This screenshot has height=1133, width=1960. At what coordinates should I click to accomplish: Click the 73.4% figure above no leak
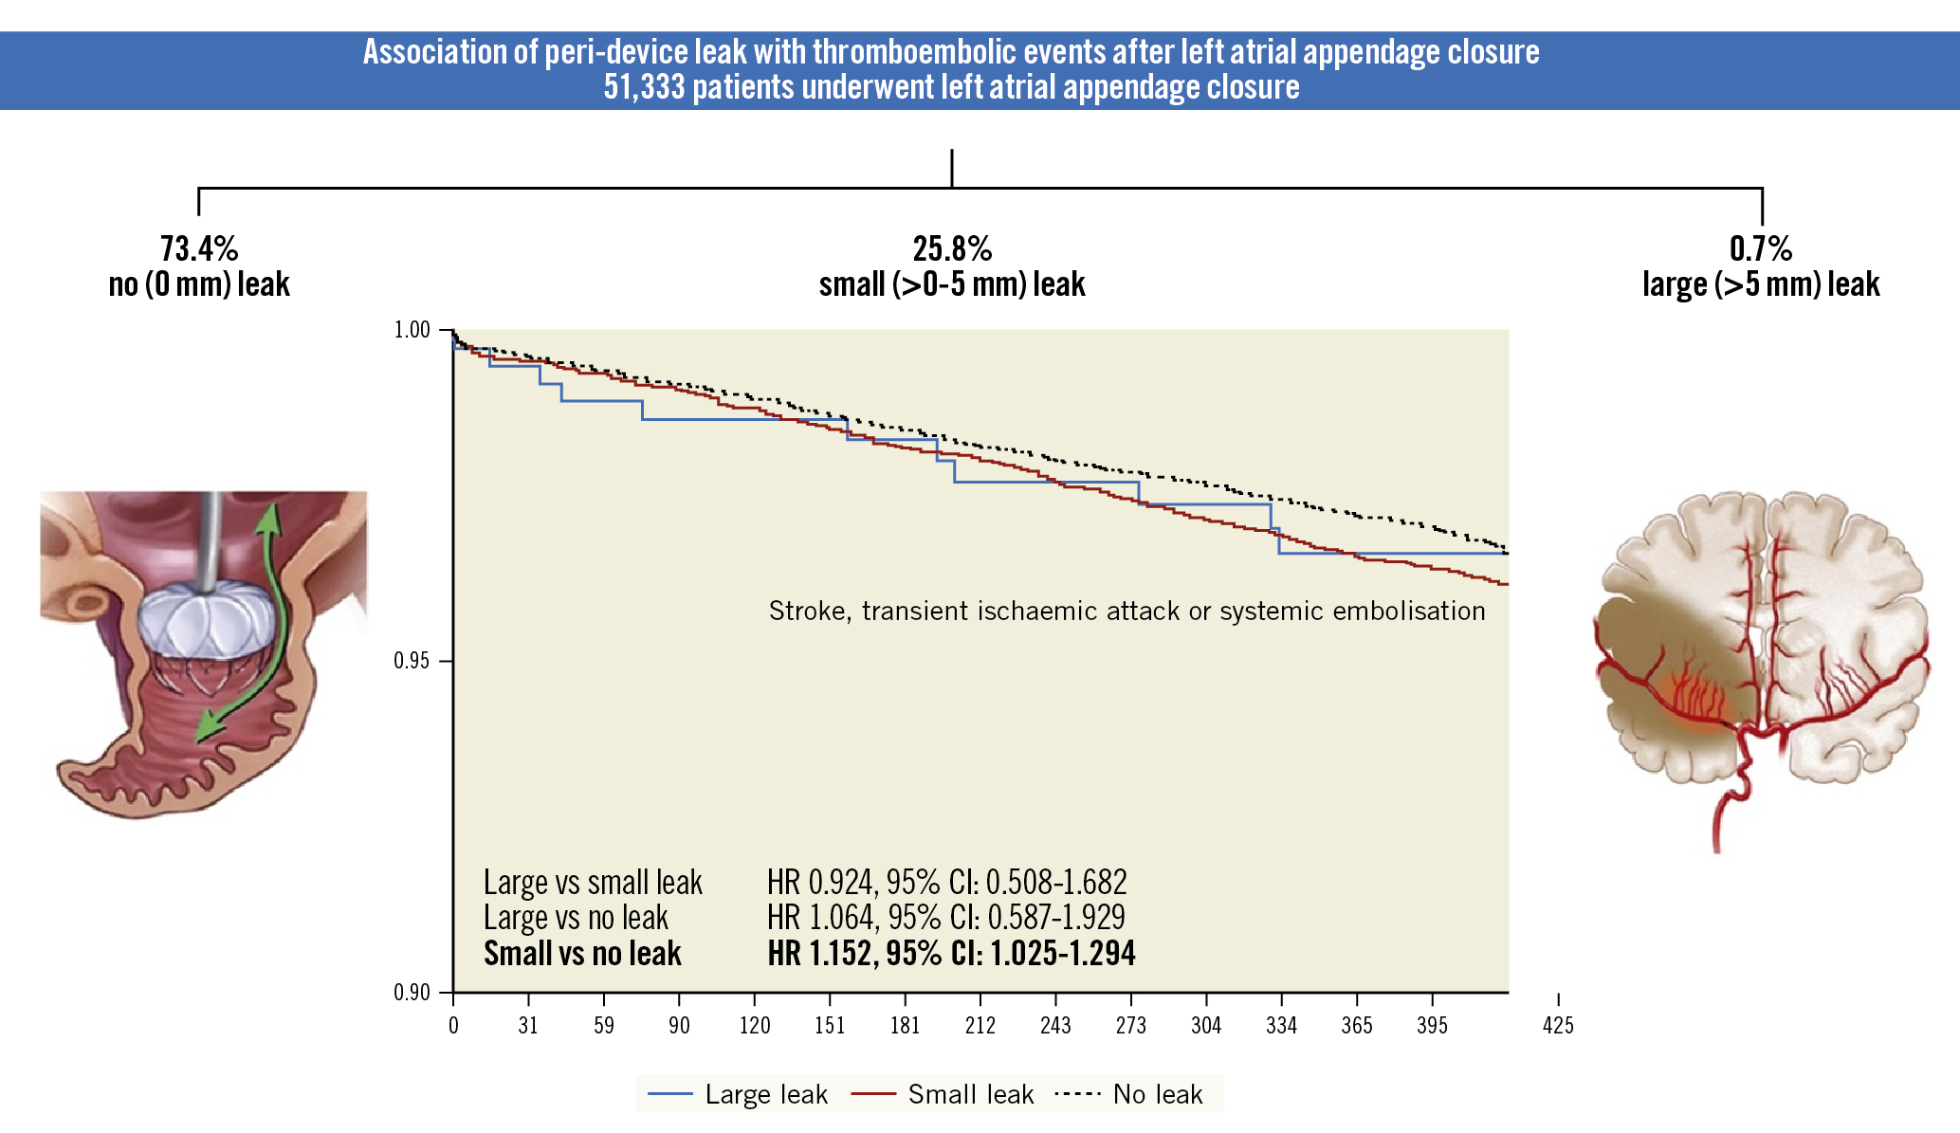[199, 249]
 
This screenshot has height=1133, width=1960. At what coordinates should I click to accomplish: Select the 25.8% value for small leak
[952, 249]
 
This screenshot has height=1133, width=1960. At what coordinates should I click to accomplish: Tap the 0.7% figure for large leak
[1761, 249]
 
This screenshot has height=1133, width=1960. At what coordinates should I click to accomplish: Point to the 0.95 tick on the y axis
[412, 661]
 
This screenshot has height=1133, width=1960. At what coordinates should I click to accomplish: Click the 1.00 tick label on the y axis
[412, 330]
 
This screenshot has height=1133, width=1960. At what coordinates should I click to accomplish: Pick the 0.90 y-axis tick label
[412, 993]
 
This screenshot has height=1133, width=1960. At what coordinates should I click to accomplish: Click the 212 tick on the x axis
[980, 1025]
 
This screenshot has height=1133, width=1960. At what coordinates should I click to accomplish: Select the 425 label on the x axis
[1558, 1025]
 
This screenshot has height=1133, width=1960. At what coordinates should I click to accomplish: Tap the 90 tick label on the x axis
[679, 1025]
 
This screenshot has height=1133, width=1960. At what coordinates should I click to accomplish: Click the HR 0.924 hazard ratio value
[819, 883]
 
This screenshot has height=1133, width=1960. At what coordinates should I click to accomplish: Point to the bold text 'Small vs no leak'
[582, 954]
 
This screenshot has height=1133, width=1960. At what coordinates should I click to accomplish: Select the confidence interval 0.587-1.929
[1056, 918]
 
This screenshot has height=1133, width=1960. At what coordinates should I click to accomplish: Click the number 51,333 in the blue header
[644, 87]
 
